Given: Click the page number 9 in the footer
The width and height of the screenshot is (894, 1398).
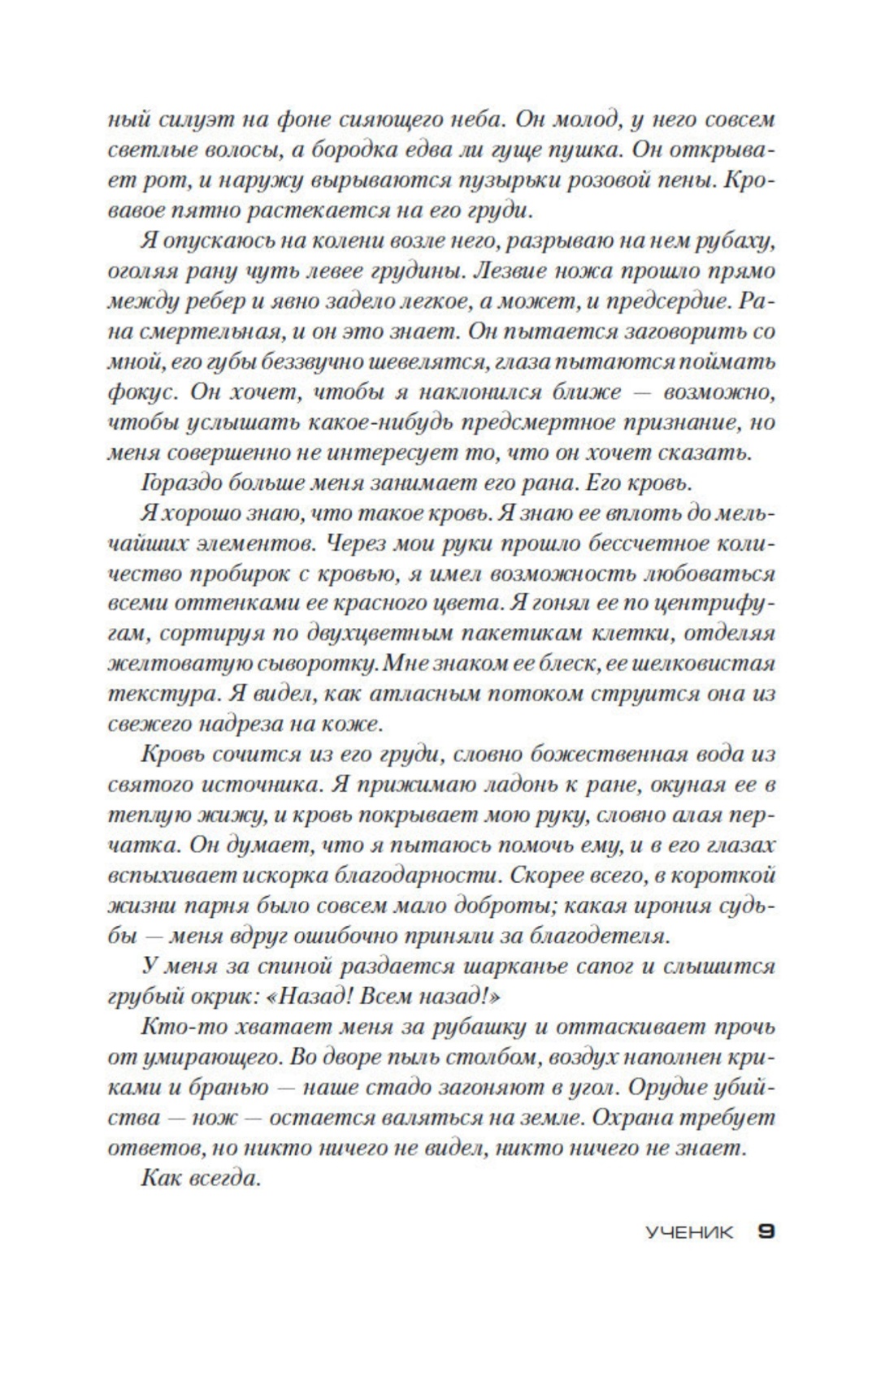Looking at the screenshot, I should [766, 1231].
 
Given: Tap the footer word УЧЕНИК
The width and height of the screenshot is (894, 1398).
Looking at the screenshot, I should [689, 1232].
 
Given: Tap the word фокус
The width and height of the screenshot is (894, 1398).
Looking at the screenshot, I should [141, 392].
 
